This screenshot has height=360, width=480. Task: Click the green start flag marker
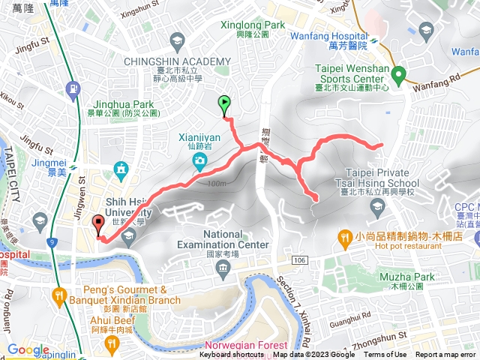223,105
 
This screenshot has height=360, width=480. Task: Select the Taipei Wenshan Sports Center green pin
399,74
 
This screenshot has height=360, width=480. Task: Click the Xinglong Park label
253,25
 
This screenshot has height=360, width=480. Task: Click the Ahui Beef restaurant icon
112,343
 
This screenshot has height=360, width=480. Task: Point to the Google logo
28,349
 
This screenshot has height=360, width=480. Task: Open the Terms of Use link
385,355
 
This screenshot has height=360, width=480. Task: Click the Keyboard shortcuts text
232,355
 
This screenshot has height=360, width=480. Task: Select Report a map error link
447,355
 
